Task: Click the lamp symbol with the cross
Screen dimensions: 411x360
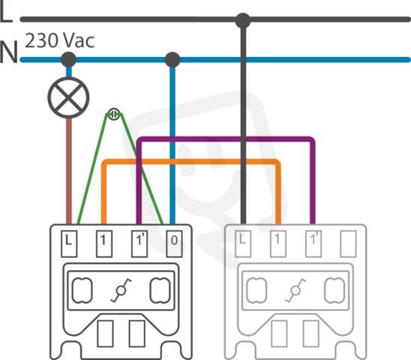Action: [68, 97]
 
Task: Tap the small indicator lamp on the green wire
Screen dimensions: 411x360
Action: [114, 114]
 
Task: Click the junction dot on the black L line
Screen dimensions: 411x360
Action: [243, 20]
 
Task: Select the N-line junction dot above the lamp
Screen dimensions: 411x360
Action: [68, 59]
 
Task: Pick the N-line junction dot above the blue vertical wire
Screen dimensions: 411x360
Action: [172, 59]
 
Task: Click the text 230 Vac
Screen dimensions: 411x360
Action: [60, 40]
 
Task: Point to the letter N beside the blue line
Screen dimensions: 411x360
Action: [9, 52]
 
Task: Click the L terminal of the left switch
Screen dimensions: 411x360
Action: [69, 244]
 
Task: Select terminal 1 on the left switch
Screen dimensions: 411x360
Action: [104, 244]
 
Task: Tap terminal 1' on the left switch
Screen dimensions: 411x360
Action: [139, 244]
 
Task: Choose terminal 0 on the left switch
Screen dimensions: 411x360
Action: [174, 244]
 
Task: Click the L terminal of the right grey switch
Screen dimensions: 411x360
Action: [243, 244]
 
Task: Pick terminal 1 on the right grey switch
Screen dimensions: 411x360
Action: [278, 244]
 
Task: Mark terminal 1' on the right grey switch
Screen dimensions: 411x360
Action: [313, 244]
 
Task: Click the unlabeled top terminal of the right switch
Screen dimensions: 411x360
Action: [348, 244]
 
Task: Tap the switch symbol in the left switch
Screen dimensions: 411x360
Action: [121, 290]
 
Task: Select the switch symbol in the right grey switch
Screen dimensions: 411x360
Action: [295, 290]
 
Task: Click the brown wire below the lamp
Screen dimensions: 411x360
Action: [69, 171]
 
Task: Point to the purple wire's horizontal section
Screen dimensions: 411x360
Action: [226, 139]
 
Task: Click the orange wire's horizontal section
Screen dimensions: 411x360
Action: [191, 161]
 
